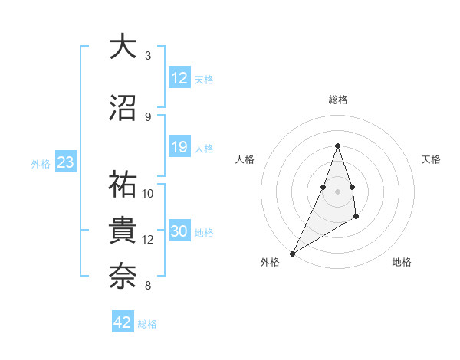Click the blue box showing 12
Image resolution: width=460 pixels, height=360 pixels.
click(x=179, y=78)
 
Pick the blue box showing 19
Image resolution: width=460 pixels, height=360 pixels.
click(x=179, y=147)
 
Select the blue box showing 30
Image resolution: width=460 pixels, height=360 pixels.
click(x=179, y=232)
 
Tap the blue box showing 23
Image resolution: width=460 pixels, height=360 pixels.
click(x=65, y=162)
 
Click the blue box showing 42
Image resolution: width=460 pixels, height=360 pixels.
click(x=123, y=322)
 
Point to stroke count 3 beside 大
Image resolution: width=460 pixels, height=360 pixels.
click(x=148, y=56)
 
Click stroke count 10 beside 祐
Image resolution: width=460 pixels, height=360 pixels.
click(x=148, y=193)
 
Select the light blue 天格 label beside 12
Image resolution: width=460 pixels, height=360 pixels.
click(x=204, y=79)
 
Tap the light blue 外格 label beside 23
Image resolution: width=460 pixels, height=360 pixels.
click(x=41, y=163)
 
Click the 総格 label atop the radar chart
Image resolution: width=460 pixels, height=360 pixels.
click(x=337, y=100)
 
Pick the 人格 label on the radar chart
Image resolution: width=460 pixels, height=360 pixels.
click(x=245, y=159)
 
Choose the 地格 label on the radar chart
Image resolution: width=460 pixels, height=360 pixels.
click(x=402, y=262)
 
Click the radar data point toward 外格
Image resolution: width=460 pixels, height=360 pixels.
click(x=292, y=253)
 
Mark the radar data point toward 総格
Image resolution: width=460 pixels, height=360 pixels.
click(x=337, y=146)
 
